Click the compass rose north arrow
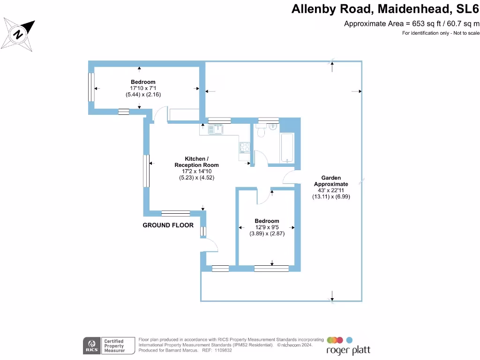coord(19,34)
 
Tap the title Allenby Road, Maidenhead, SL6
coord(385,9)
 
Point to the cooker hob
coord(244,147)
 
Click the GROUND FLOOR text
coord(168,225)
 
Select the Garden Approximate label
coord(331,181)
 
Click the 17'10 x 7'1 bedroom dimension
coord(143,88)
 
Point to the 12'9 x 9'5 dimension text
coord(267,227)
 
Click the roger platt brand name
coord(348,350)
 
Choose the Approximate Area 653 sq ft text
coord(412,23)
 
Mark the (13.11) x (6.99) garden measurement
coord(331,197)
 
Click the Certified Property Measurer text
coord(114,346)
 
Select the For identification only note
coord(441,33)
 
